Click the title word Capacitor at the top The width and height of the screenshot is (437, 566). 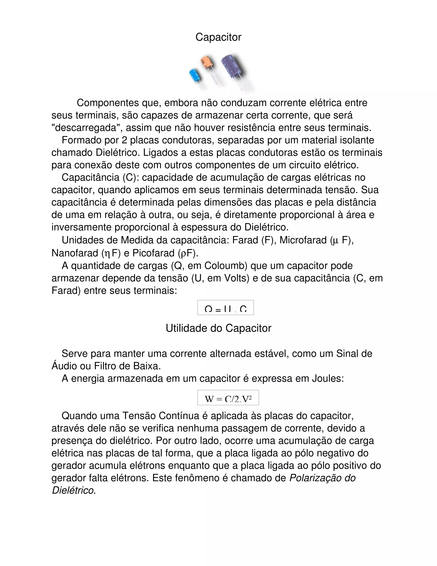pos(218,37)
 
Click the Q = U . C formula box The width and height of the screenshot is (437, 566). pos(225,308)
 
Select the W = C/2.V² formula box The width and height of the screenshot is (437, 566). pos(228,397)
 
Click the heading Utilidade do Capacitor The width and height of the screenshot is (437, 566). pos(218,328)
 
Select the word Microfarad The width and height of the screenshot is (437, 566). pos(303,240)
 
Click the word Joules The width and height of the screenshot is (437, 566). pos(328,379)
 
